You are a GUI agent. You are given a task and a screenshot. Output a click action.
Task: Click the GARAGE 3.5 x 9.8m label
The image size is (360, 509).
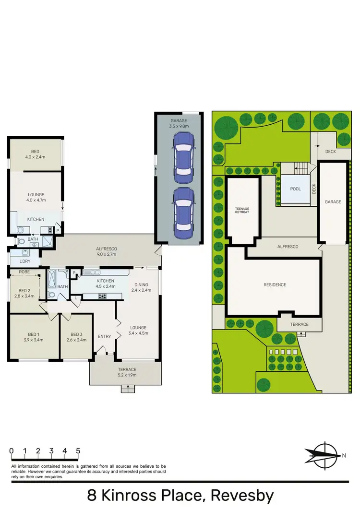pos(179,123)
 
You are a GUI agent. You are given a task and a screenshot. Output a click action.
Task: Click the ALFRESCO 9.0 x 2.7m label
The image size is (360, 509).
pos(107,251)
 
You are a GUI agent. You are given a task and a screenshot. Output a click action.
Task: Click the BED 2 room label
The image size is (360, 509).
pos(24,294)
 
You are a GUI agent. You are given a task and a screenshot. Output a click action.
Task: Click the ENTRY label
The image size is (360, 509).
pos(105,336)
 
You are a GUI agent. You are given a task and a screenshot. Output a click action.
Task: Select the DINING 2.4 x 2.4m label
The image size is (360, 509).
pos(142,287)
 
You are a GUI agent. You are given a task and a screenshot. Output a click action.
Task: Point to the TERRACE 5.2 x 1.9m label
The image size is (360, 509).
pos(127,372)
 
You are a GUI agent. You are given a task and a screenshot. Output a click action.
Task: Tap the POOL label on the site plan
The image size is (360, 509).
pos(295,189)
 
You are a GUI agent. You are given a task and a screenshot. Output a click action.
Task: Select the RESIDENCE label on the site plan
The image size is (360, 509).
pos(275,284)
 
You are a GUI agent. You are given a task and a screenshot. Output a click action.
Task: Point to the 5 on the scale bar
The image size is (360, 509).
pos(78,451)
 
